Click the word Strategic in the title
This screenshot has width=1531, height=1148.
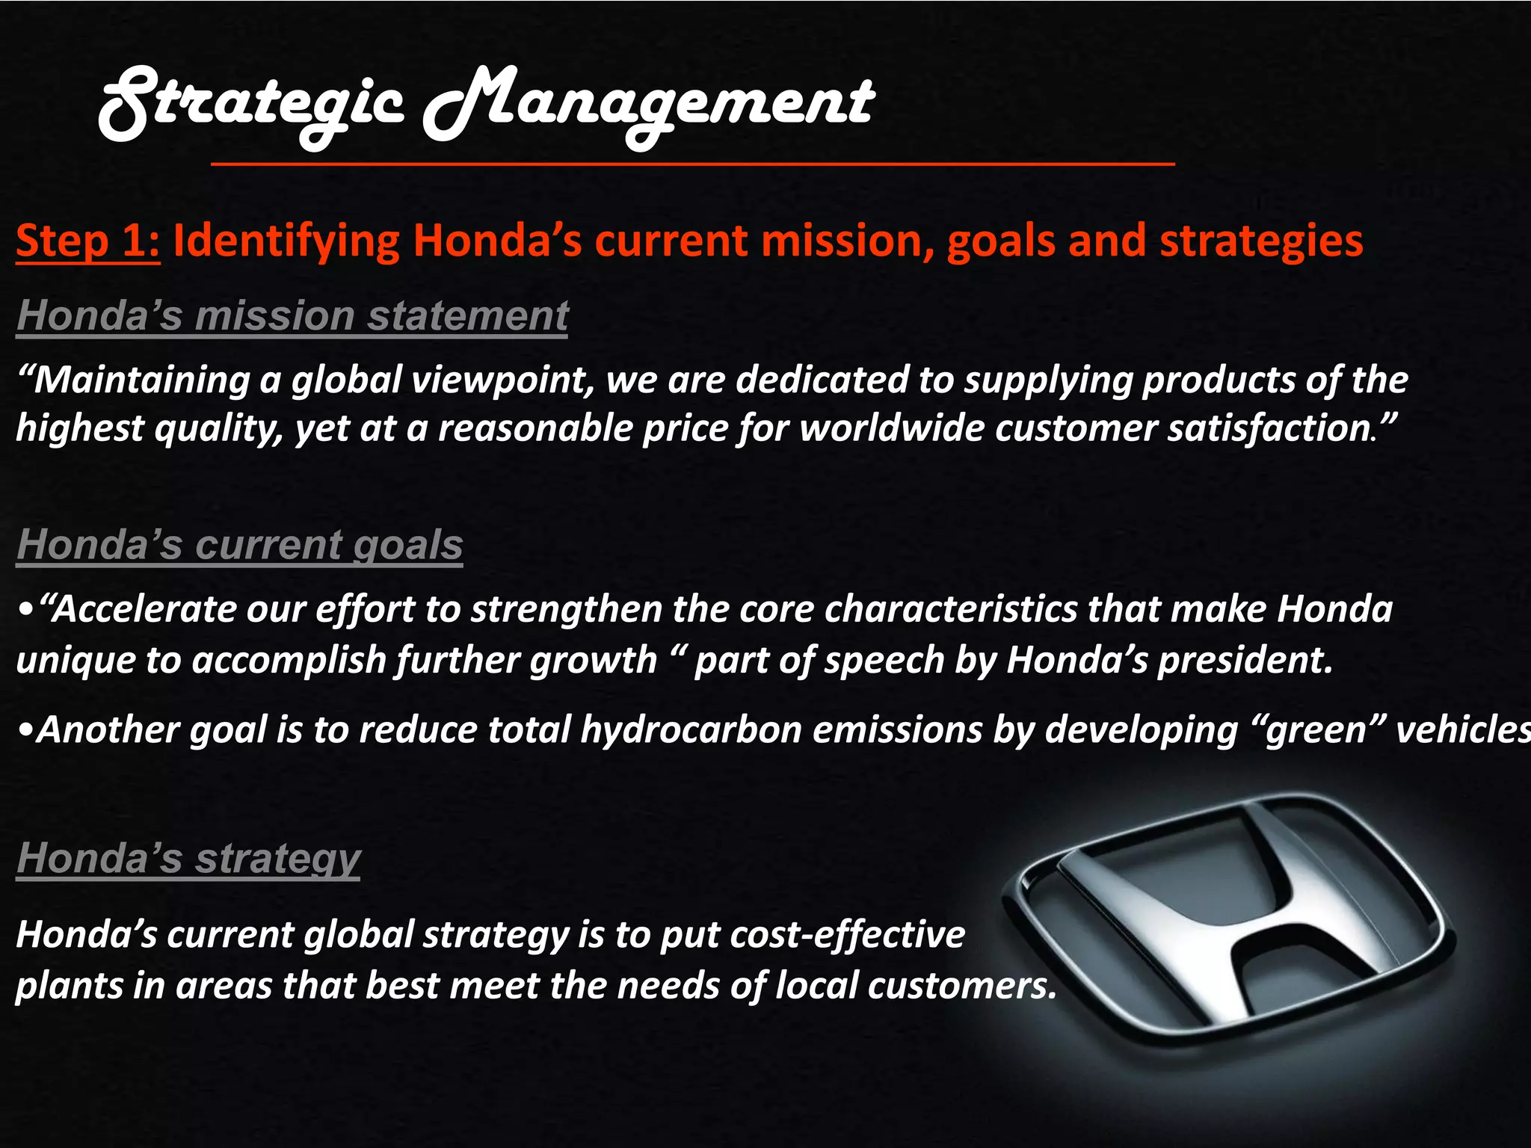point(250,105)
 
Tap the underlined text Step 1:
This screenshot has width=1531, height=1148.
point(87,241)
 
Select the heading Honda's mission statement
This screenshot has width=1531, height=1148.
point(292,315)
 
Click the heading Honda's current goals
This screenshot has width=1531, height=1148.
point(239,544)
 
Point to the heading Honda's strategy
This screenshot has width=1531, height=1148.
point(188,858)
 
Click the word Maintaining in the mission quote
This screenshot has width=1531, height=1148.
point(142,380)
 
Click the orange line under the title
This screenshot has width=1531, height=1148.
point(692,163)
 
